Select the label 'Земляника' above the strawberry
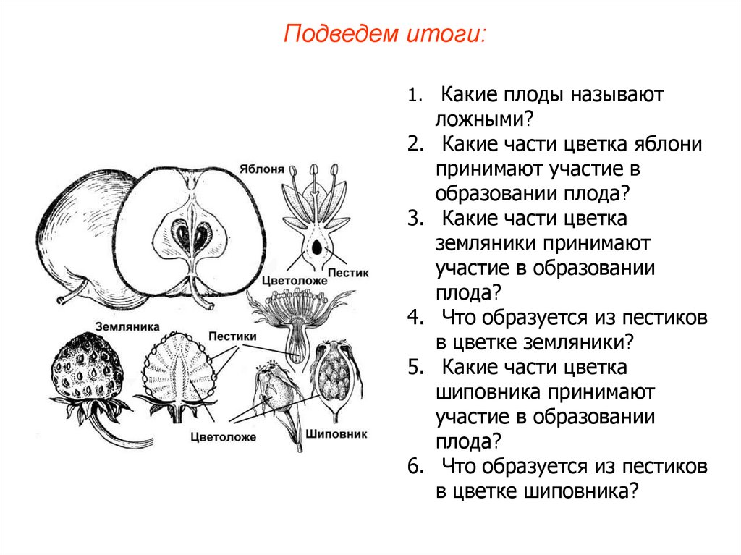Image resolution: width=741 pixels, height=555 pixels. [x=126, y=326]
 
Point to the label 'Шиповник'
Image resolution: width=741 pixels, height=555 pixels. [x=336, y=434]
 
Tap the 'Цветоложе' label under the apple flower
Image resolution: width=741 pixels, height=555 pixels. [x=287, y=279]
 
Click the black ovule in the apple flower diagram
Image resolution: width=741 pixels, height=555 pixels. [x=317, y=248]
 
